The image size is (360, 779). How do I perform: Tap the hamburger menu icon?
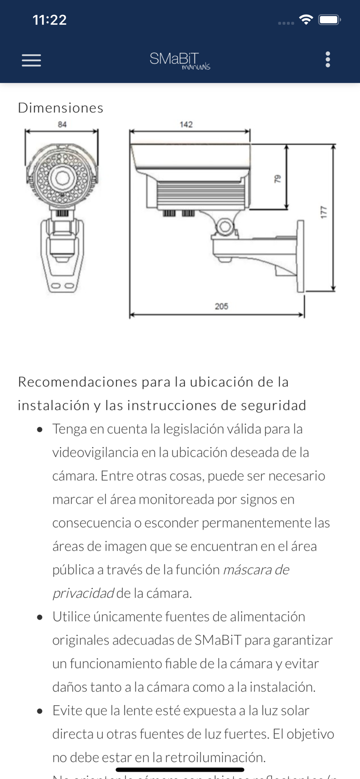coord(31,60)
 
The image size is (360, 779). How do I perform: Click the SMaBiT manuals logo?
coord(180,60)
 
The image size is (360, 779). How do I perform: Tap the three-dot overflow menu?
coord(327,60)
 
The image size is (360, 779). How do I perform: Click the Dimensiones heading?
coord(61,108)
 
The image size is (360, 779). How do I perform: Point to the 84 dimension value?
coord(62,124)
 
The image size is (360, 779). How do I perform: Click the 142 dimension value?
coord(186,124)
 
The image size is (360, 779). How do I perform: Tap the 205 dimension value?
coord(221,306)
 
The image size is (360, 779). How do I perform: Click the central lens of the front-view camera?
coord(63,177)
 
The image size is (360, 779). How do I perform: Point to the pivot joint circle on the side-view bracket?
coord(225,226)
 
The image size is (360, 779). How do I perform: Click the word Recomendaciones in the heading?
coord(77,382)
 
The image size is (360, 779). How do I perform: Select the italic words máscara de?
coord(256,570)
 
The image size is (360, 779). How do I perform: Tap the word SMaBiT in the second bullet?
coord(218,640)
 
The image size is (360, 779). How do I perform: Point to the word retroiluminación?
coord(215,757)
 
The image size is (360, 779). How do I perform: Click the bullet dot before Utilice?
coord(40,617)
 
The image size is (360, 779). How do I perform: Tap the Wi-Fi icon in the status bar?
coord(306,20)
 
